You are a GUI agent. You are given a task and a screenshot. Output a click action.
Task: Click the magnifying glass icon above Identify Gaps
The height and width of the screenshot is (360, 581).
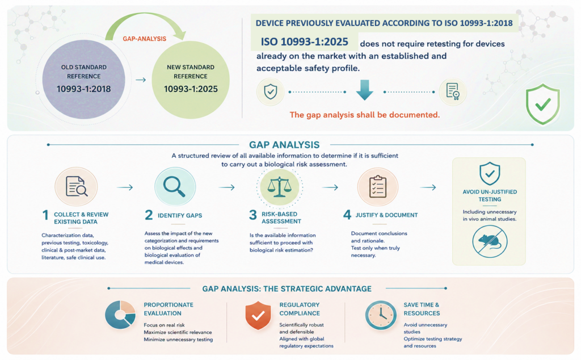(x=174, y=186)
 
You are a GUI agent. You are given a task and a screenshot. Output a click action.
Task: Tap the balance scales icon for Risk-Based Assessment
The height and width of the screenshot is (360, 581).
(x=280, y=187)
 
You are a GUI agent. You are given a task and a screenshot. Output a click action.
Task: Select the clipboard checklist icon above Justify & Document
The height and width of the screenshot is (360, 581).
(x=377, y=186)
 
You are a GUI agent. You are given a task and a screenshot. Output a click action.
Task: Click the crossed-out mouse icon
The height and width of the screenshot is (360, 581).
(x=490, y=241)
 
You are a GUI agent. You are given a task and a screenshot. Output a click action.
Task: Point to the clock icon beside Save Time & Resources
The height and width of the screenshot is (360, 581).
(x=381, y=315)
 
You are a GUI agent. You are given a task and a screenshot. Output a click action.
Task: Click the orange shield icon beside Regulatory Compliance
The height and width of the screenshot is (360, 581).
(x=258, y=315)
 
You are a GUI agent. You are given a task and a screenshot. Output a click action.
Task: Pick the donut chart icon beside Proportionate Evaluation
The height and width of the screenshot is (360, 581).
(x=120, y=315)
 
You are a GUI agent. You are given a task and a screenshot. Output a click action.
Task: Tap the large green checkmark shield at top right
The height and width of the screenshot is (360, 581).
(x=542, y=104)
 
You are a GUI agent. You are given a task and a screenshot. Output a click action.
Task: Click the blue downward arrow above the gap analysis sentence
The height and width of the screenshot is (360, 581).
(x=365, y=90)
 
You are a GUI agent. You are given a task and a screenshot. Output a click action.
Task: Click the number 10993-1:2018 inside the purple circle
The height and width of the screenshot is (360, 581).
(x=84, y=89)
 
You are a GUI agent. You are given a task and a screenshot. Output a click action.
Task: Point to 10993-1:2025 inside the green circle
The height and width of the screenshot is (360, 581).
(x=191, y=89)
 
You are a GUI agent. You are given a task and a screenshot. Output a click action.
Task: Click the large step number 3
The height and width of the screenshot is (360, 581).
(x=253, y=215)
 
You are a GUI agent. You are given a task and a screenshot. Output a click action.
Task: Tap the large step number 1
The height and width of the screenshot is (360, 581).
(x=45, y=215)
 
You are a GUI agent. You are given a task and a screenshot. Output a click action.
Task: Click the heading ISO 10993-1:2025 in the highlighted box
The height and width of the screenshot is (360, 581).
(x=305, y=41)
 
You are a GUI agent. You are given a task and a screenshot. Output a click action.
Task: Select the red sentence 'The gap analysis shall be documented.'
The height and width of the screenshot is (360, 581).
(x=365, y=115)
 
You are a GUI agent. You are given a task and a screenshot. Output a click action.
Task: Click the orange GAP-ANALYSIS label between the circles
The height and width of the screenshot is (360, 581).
(x=145, y=39)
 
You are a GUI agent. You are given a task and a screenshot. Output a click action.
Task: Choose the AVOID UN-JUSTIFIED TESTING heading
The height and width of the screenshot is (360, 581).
(x=490, y=195)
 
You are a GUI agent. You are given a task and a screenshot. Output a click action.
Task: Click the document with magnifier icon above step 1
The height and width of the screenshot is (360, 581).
(x=77, y=186)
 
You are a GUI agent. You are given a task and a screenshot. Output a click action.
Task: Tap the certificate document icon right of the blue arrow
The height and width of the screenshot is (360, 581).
(x=453, y=91)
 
